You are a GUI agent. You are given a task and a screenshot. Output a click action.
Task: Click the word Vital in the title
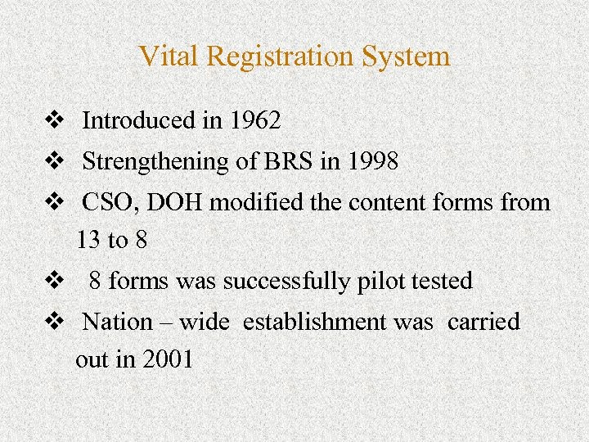coord(169,56)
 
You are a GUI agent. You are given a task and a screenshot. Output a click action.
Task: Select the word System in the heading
coord(410,56)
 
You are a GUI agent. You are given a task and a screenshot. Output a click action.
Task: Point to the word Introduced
coord(137,121)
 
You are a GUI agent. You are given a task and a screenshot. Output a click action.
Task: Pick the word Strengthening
coord(156,161)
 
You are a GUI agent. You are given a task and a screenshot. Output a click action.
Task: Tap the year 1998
coord(372,161)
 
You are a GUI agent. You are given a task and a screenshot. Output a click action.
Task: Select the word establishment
coord(315,322)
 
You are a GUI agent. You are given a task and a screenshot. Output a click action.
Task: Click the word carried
coord(483,322)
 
